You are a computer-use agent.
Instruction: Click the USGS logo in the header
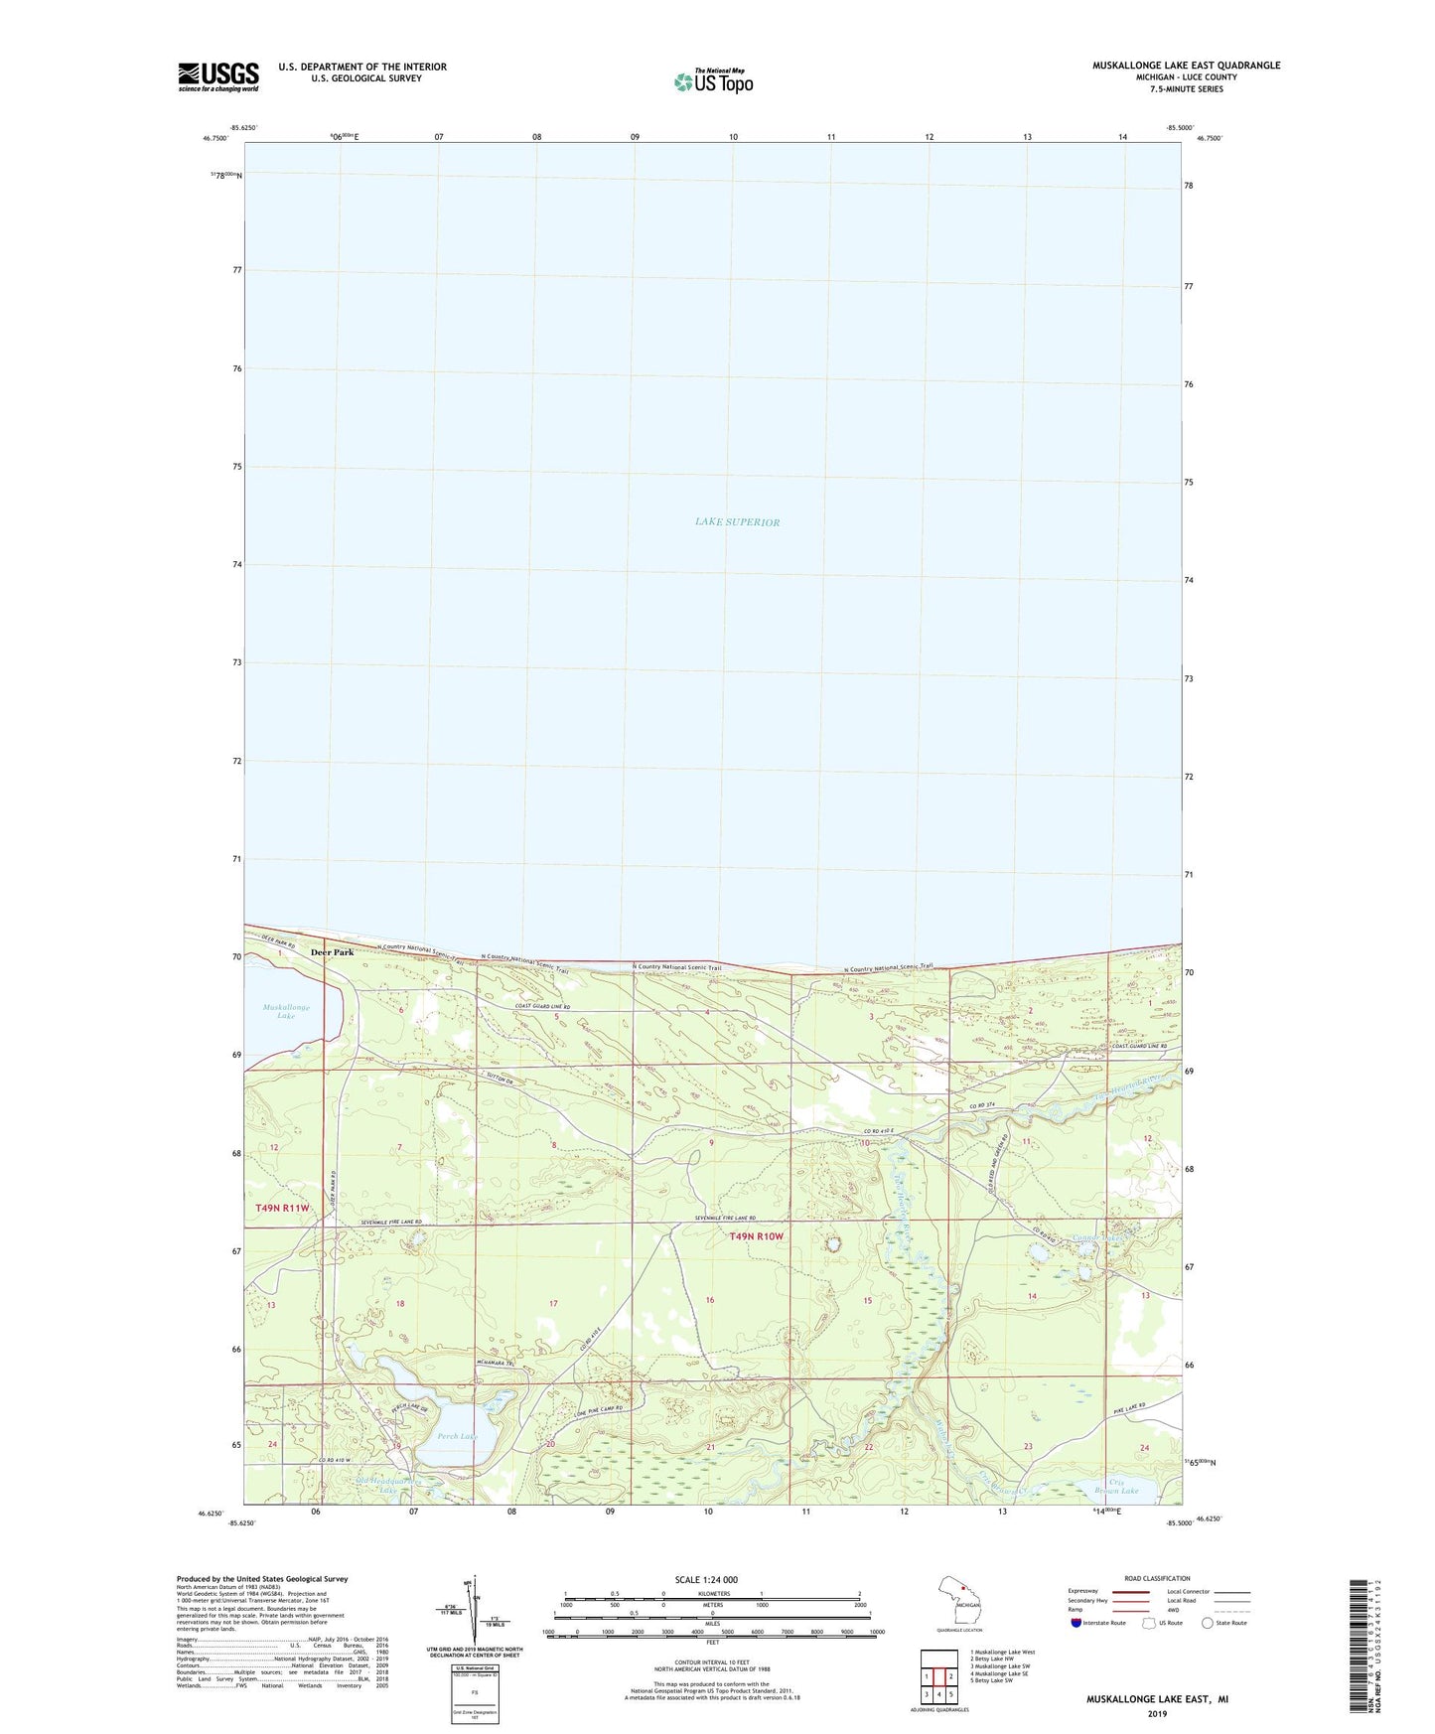point(218,76)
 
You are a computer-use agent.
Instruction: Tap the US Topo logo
point(713,81)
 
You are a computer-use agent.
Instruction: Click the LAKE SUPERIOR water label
point(737,522)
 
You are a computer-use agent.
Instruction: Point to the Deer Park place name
point(332,952)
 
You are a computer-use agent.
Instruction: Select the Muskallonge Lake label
point(286,1011)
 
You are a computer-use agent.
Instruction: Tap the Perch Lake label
point(457,1436)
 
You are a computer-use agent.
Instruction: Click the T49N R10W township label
point(756,1236)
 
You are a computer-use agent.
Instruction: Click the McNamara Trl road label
point(496,1363)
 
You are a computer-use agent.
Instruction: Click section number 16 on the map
point(710,1300)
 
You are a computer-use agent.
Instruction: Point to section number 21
point(710,1447)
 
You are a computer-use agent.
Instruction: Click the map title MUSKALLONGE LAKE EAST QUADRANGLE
point(1186,66)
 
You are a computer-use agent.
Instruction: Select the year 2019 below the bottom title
point(1157,1713)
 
